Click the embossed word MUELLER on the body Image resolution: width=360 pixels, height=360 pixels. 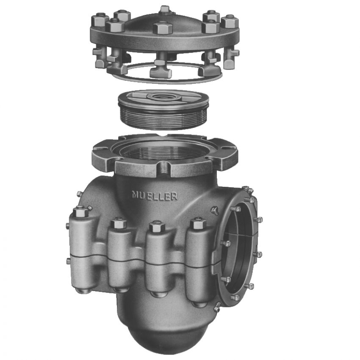(155, 196)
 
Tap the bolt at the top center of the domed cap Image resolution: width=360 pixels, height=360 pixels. (164, 10)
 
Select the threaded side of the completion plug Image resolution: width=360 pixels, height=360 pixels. (163, 118)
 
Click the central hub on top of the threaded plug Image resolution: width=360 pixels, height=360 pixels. (163, 97)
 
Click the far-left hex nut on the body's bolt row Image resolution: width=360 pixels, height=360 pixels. (80, 211)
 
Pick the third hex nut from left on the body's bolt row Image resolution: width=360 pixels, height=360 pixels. (157, 226)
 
